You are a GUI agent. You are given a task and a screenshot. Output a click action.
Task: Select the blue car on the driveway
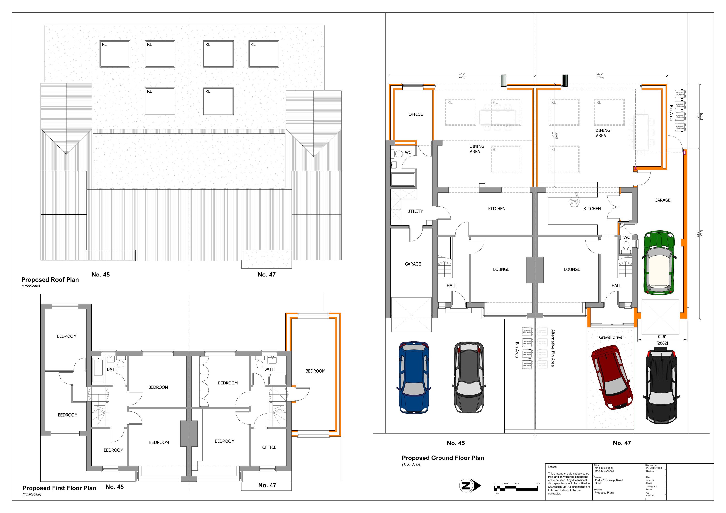[414, 377]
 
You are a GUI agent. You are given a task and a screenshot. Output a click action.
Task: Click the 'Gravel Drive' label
[611, 337]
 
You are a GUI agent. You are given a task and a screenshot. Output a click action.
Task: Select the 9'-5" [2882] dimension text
[662, 340]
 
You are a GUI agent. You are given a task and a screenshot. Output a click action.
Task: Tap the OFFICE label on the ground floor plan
[416, 114]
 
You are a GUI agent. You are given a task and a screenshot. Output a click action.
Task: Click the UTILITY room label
[415, 211]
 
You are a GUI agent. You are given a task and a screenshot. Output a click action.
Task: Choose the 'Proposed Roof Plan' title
[50, 280]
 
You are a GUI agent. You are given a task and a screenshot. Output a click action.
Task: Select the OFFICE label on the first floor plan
[269, 447]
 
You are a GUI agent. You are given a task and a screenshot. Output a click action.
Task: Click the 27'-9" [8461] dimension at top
[462, 75]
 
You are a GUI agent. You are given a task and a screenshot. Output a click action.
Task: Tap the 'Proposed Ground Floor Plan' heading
[443, 458]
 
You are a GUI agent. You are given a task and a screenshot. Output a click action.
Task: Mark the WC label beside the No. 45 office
[408, 153]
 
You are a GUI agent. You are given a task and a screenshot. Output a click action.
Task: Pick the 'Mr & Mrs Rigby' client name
[604, 468]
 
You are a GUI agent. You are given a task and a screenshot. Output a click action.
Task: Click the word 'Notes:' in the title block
[552, 467]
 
